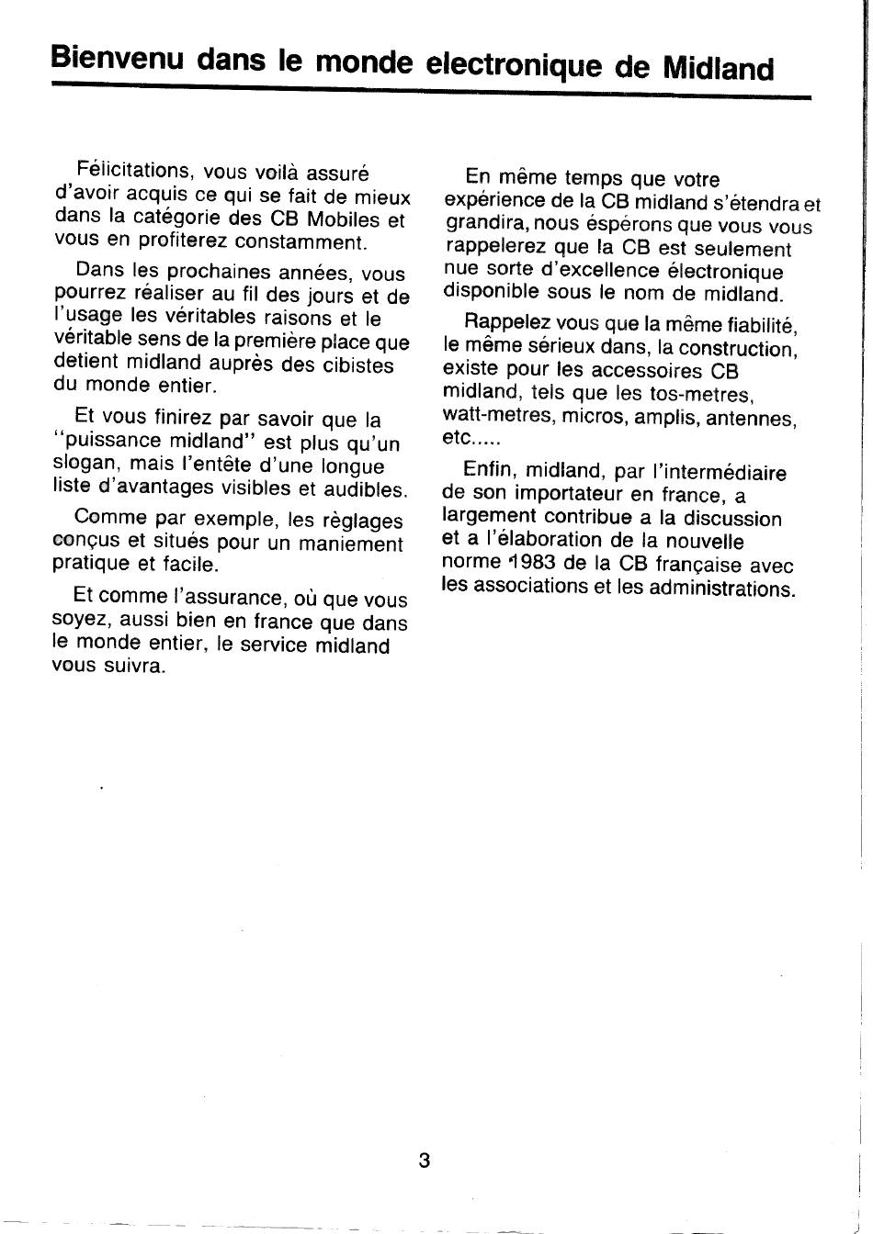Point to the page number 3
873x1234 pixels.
coord(425,1160)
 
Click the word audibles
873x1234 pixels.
coord(365,490)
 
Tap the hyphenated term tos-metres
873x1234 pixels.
coord(701,395)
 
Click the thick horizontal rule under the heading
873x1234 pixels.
coord(432,93)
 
